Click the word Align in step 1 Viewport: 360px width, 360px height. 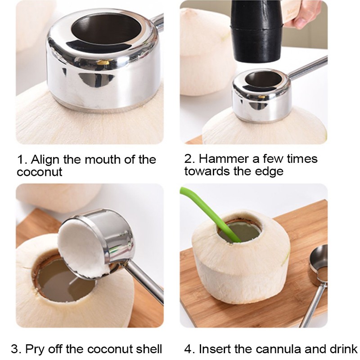[45, 160]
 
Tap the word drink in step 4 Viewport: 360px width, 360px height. [343, 349]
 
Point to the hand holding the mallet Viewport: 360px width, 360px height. [303, 14]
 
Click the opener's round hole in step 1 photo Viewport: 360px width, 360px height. [106, 29]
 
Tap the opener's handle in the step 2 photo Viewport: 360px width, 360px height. [308, 67]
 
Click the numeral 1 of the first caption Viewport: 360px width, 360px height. [21, 160]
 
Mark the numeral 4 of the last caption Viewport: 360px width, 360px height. [189, 349]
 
